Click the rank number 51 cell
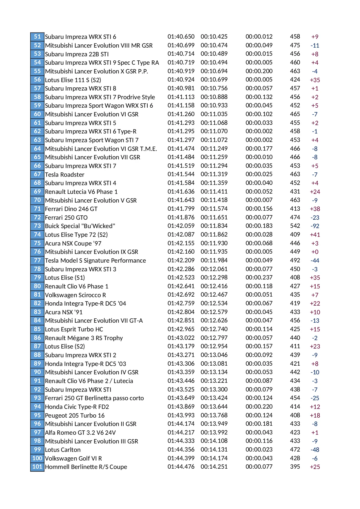tap(37, 37)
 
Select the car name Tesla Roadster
tap(65, 174)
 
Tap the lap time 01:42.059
tap(181, 226)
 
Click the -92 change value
tap(315, 226)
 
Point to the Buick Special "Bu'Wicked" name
tap(80, 226)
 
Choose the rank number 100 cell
tap(37, 458)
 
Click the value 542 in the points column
tap(295, 226)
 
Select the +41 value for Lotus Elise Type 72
tap(315, 235)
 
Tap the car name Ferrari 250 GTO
tap(66, 217)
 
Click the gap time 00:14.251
tap(214, 467)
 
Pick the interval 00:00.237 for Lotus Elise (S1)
tap(259, 277)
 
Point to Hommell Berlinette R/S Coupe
tap(86, 467)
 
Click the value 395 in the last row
tap(295, 467)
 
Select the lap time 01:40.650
tap(181, 37)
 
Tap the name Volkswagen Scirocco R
tap(75, 295)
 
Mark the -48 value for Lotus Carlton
tap(315, 450)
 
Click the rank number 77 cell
tap(37, 260)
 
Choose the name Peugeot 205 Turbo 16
tap(75, 415)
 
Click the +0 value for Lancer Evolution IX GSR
tap(315, 252)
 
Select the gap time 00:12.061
tap(214, 269)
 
